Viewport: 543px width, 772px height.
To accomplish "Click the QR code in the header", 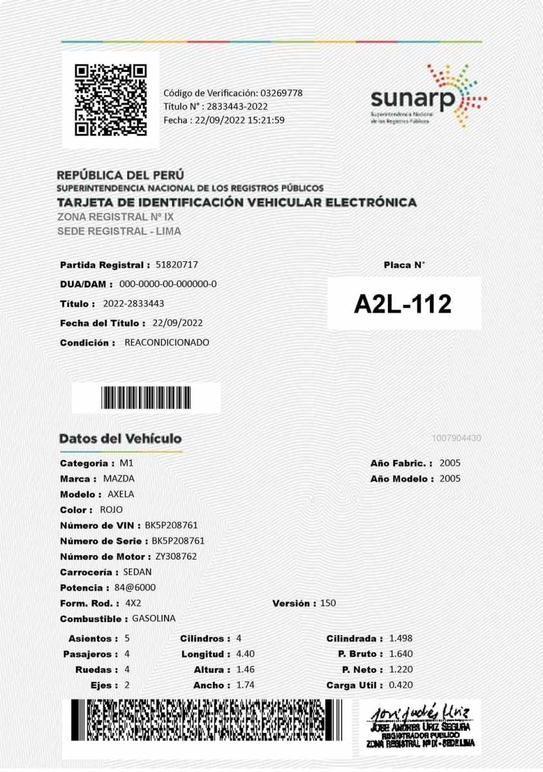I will pyautogui.click(x=111, y=100).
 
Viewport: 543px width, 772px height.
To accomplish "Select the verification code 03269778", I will pyautogui.click(x=281, y=93).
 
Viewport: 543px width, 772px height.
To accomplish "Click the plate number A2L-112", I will pyautogui.click(x=403, y=304).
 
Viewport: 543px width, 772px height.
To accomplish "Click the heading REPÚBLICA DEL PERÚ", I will pyautogui.click(x=120, y=174).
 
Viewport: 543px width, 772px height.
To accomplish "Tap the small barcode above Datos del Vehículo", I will pyautogui.click(x=146, y=398).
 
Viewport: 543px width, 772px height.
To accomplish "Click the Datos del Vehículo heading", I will pyautogui.click(x=120, y=439).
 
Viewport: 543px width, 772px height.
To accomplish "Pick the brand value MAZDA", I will pyautogui.click(x=119, y=479).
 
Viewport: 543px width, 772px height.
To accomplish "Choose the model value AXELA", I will pyautogui.click(x=121, y=494).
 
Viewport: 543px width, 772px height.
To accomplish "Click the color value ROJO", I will pyautogui.click(x=111, y=510).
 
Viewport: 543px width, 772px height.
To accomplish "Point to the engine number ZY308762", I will pyautogui.click(x=176, y=556).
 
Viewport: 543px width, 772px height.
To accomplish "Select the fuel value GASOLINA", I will pyautogui.click(x=154, y=618).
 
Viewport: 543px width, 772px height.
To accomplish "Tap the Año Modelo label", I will pyautogui.click(x=402, y=479).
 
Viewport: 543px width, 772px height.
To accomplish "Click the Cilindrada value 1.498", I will pyautogui.click(x=401, y=638).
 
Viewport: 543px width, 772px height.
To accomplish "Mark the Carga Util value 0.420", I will pyautogui.click(x=401, y=685).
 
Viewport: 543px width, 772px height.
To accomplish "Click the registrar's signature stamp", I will pyautogui.click(x=419, y=726).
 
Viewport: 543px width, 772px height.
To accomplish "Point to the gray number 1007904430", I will pyautogui.click(x=457, y=438).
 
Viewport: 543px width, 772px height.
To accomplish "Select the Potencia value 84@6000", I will pyautogui.click(x=135, y=587).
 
